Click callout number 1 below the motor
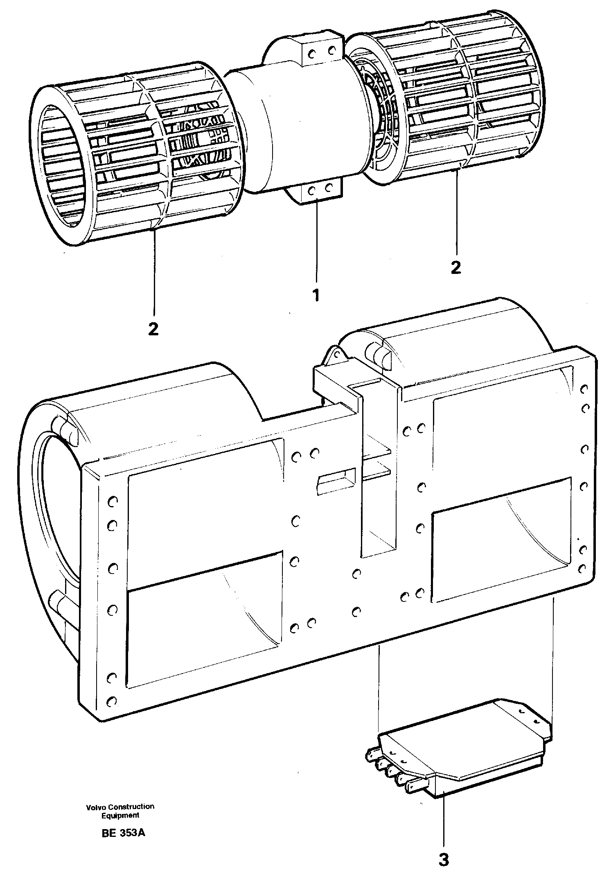(316, 295)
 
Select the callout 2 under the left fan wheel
(153, 329)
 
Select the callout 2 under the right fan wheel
(455, 267)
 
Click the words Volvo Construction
(120, 806)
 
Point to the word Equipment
(120, 815)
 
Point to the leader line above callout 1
(316, 242)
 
